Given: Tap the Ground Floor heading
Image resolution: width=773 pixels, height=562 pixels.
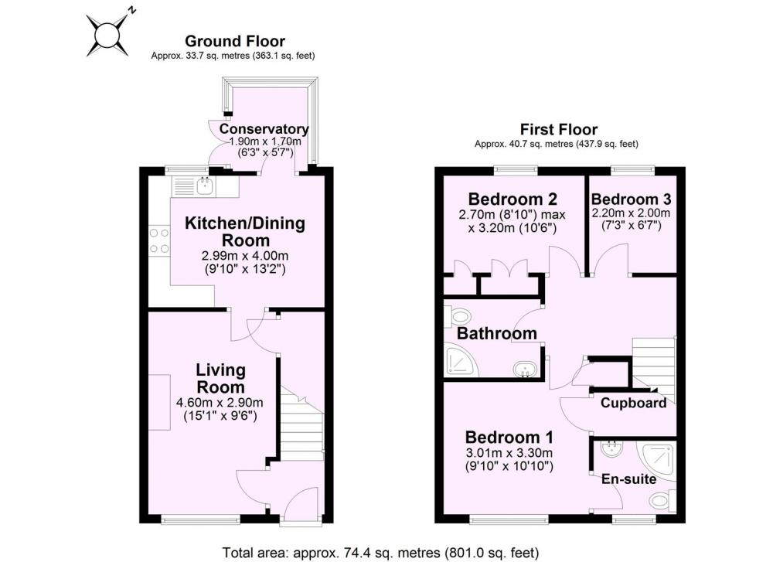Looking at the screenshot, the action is [235, 41].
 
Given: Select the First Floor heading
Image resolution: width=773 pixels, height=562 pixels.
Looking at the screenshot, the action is [559, 129].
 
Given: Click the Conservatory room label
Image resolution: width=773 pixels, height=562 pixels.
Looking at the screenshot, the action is [264, 128].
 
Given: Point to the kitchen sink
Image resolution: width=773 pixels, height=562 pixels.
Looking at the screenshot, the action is [204, 186].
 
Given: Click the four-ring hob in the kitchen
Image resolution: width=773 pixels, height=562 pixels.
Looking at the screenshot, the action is [159, 240].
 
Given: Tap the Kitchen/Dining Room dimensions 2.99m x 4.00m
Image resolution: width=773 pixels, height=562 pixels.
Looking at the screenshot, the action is [245, 256].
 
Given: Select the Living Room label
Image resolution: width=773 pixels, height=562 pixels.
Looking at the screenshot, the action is [220, 378].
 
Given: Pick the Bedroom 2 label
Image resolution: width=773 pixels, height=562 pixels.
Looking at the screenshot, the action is [512, 199].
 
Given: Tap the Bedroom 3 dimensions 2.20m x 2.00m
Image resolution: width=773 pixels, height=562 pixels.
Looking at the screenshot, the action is [631, 213].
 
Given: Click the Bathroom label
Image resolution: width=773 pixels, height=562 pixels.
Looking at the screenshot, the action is [496, 333].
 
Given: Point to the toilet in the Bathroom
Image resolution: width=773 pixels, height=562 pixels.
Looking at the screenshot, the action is [457, 316].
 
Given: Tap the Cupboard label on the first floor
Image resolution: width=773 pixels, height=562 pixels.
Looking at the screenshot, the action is [634, 403].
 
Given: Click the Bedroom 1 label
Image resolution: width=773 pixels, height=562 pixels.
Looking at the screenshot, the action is [509, 438].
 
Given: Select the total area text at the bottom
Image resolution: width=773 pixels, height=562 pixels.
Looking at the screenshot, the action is [380, 553].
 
